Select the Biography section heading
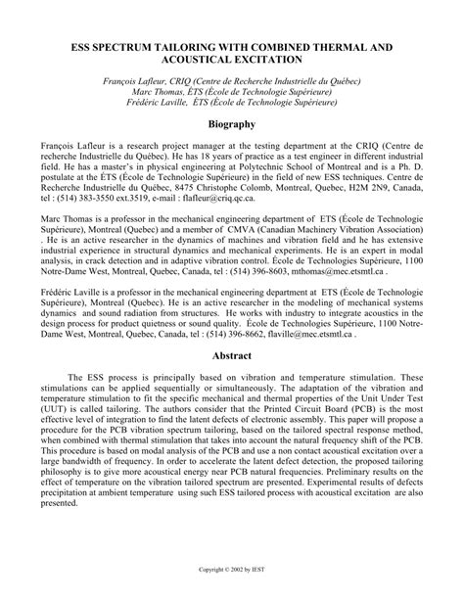pyautogui.click(x=231, y=124)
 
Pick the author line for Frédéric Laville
pyautogui.click(x=232, y=101)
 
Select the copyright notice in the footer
pyautogui.click(x=232, y=565)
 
